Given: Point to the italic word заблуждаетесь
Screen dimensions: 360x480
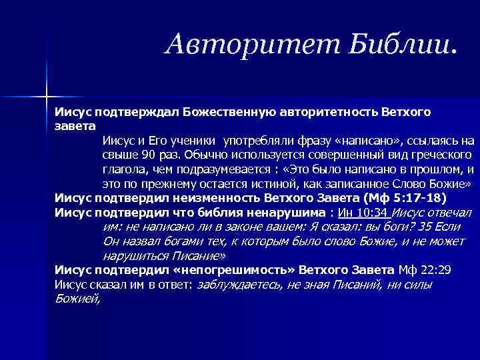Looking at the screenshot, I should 237,285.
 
